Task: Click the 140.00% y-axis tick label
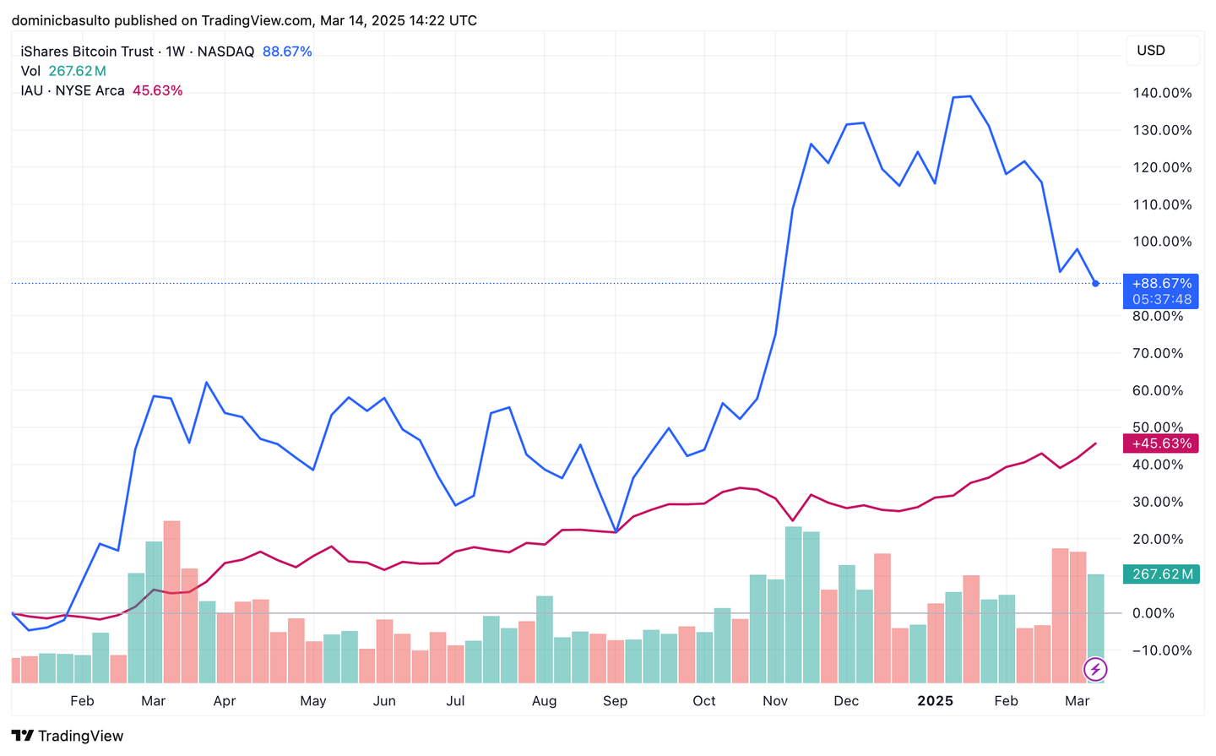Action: point(1162,93)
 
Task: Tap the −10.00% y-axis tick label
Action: point(1161,650)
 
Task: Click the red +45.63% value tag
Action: point(1161,443)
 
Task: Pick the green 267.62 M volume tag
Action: point(1161,574)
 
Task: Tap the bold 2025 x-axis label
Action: point(935,701)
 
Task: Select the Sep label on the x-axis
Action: point(615,701)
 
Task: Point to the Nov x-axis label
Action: point(775,701)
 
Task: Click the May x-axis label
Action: point(312,701)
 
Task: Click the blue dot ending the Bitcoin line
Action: point(1095,284)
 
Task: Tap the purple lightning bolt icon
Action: point(1095,670)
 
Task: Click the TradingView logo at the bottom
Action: point(68,736)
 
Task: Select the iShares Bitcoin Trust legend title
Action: point(88,52)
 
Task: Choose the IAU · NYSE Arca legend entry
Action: point(73,90)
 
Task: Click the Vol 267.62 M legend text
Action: point(63,71)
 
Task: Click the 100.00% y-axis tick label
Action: point(1162,242)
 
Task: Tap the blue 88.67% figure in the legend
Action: point(287,52)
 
